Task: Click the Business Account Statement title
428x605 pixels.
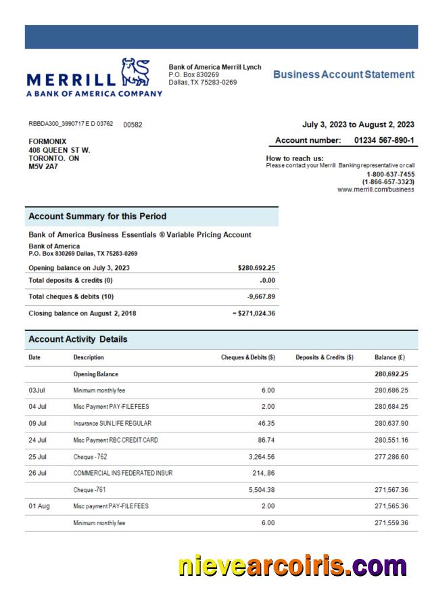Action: click(343, 74)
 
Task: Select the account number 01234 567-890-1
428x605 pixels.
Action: click(384, 140)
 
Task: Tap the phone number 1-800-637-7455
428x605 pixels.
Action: click(390, 174)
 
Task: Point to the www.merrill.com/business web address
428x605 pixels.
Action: click(375, 190)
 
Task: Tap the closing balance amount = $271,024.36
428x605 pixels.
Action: click(247, 313)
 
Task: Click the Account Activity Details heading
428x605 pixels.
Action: click(78, 339)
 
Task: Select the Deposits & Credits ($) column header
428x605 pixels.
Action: click(325, 357)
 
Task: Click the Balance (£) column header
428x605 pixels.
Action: click(389, 357)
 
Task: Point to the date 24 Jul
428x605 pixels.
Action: click(38, 439)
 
